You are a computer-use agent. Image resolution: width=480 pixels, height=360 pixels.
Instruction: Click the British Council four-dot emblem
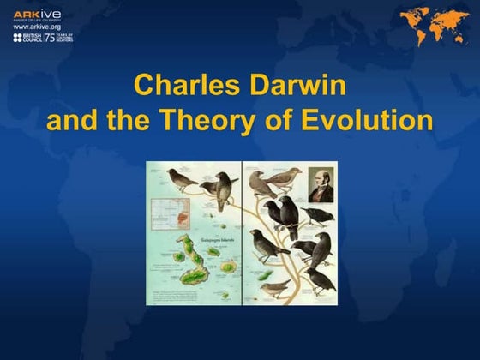point(17,39)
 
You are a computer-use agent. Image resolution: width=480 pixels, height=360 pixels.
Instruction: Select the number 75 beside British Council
point(49,39)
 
